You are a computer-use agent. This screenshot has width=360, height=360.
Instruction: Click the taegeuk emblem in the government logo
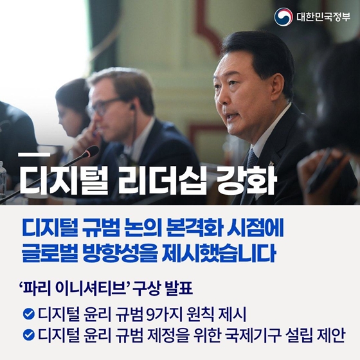pos(283,16)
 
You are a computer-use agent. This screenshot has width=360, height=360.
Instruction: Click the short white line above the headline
pos(34,154)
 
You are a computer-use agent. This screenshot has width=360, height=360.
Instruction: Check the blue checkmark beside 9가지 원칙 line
pos(28,314)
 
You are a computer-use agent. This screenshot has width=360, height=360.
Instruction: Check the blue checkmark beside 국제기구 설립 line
pos(28,335)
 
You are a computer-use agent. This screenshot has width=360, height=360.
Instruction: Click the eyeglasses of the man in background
pos(106,106)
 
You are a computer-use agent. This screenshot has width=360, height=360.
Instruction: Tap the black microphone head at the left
pos(92,151)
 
